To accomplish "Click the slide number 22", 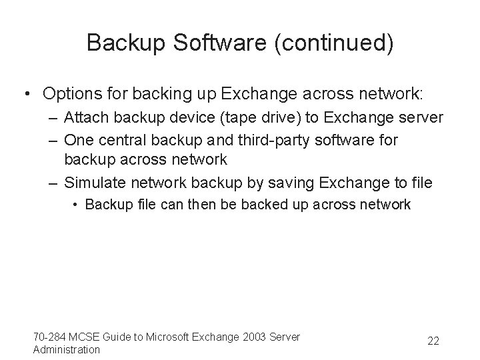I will click(x=433, y=341).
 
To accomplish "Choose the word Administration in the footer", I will click(x=67, y=349).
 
